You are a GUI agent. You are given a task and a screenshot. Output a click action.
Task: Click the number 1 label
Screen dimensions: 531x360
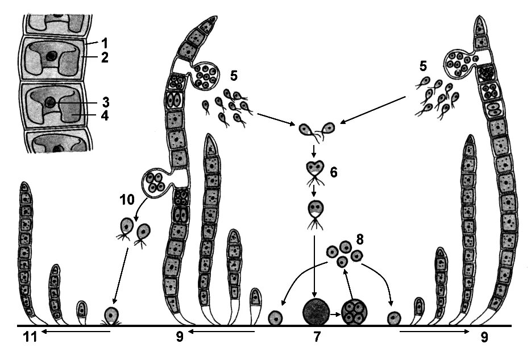pos(104,42)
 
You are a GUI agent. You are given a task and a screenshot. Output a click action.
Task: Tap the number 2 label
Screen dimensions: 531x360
pos(104,57)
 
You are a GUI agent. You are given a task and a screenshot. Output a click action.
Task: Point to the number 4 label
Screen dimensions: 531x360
pos(104,116)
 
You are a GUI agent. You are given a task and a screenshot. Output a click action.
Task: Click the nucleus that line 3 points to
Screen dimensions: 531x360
pos(51,103)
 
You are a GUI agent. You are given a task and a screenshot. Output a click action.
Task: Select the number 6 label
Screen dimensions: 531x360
pos(334,172)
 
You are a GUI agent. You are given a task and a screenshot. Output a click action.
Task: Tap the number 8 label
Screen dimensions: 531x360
pos(358,239)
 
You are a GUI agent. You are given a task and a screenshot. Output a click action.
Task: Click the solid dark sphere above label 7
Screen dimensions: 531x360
pos(317,311)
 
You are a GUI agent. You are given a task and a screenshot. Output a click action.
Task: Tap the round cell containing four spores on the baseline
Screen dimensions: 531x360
pos(354,312)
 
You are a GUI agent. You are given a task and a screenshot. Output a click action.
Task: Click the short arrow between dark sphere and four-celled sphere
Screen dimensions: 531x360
pos(335,312)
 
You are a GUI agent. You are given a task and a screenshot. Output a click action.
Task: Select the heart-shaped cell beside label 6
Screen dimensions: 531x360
pos(314,169)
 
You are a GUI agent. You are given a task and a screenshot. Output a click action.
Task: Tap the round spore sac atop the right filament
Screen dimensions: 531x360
pos(458,61)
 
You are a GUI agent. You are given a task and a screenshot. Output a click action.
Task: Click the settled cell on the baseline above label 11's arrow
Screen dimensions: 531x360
pos(111,315)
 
